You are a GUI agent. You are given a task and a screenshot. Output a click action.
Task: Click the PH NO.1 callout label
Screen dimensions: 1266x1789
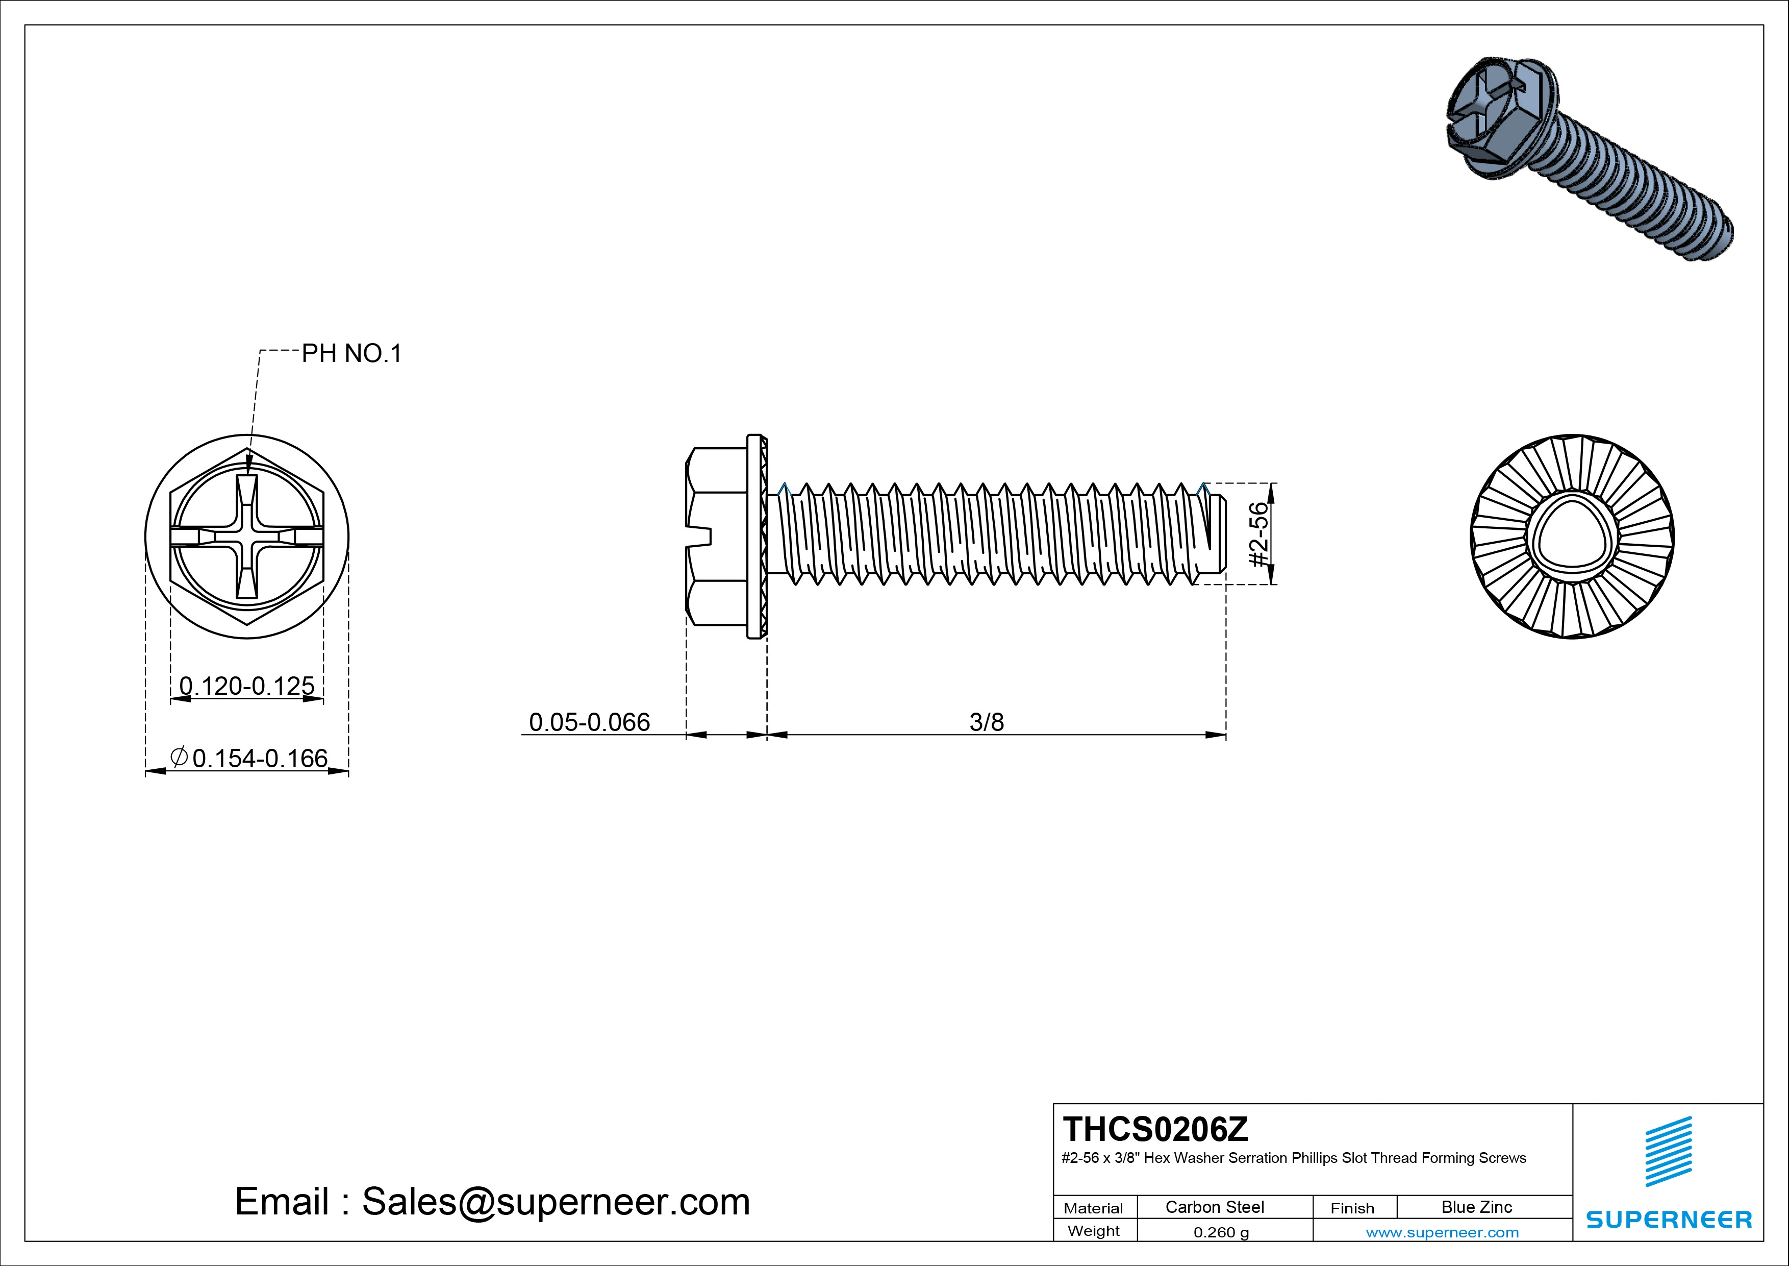351,354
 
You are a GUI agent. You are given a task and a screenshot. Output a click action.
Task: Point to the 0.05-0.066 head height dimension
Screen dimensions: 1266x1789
589,722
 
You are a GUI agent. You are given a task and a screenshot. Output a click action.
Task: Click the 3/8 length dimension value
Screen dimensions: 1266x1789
987,722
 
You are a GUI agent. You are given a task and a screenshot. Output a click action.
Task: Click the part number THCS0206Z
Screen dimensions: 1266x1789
1155,1128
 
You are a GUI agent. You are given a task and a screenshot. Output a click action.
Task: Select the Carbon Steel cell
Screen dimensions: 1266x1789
1214,1207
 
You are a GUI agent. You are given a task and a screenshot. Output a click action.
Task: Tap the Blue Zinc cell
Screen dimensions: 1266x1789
1476,1207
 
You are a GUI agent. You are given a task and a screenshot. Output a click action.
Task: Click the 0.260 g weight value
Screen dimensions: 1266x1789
1221,1232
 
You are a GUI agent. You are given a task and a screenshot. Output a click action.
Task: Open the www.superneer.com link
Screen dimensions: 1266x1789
1442,1232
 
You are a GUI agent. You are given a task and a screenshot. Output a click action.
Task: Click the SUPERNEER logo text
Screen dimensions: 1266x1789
1668,1219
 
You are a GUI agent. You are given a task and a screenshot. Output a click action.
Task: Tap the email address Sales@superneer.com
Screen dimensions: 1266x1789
556,1201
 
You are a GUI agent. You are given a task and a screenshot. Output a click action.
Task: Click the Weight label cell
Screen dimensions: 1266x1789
1093,1231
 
